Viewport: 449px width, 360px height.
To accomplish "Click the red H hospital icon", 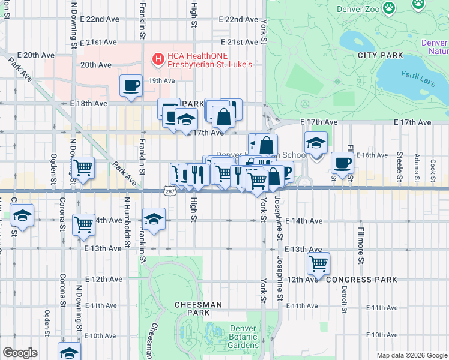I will click(158, 59).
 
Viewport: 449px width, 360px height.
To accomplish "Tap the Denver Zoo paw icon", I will click(390, 8).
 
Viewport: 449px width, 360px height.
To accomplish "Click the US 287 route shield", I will click(168, 190).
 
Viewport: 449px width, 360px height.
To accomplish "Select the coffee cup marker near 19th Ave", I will click(131, 85).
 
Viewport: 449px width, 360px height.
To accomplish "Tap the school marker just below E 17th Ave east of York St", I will click(316, 143).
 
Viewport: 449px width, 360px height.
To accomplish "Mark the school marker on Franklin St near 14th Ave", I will click(154, 218).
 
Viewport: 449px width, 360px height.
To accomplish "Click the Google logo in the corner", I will click(20, 353).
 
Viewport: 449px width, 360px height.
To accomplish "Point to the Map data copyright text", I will click(412, 355).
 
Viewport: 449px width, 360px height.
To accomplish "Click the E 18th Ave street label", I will click(88, 103).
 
